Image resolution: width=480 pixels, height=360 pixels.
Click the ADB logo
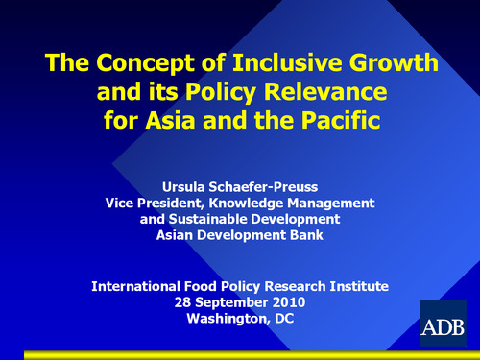(x=443, y=322)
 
